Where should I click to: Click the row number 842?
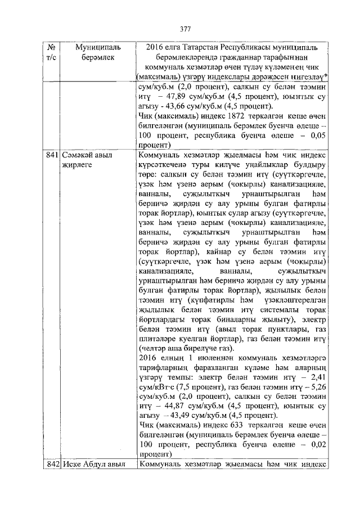point(52,464)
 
